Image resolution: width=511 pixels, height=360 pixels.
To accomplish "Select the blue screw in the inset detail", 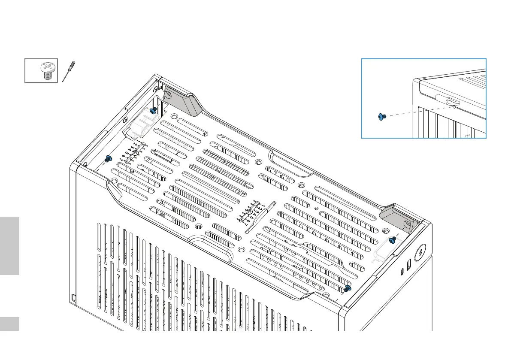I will pos(381,117).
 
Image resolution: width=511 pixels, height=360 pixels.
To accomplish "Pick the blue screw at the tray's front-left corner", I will pos(108,159).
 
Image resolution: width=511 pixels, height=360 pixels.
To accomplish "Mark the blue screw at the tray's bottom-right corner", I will pos(348,288).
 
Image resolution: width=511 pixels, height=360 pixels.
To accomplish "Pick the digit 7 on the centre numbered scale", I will pos(245,224).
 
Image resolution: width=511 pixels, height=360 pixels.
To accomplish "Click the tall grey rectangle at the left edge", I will pos(9,245).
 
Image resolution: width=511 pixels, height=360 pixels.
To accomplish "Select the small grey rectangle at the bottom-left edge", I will pos(9,324).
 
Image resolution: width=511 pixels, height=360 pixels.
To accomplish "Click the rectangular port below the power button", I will pos(408,262).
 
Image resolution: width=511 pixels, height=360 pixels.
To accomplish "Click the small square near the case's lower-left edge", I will pos(74,297).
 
